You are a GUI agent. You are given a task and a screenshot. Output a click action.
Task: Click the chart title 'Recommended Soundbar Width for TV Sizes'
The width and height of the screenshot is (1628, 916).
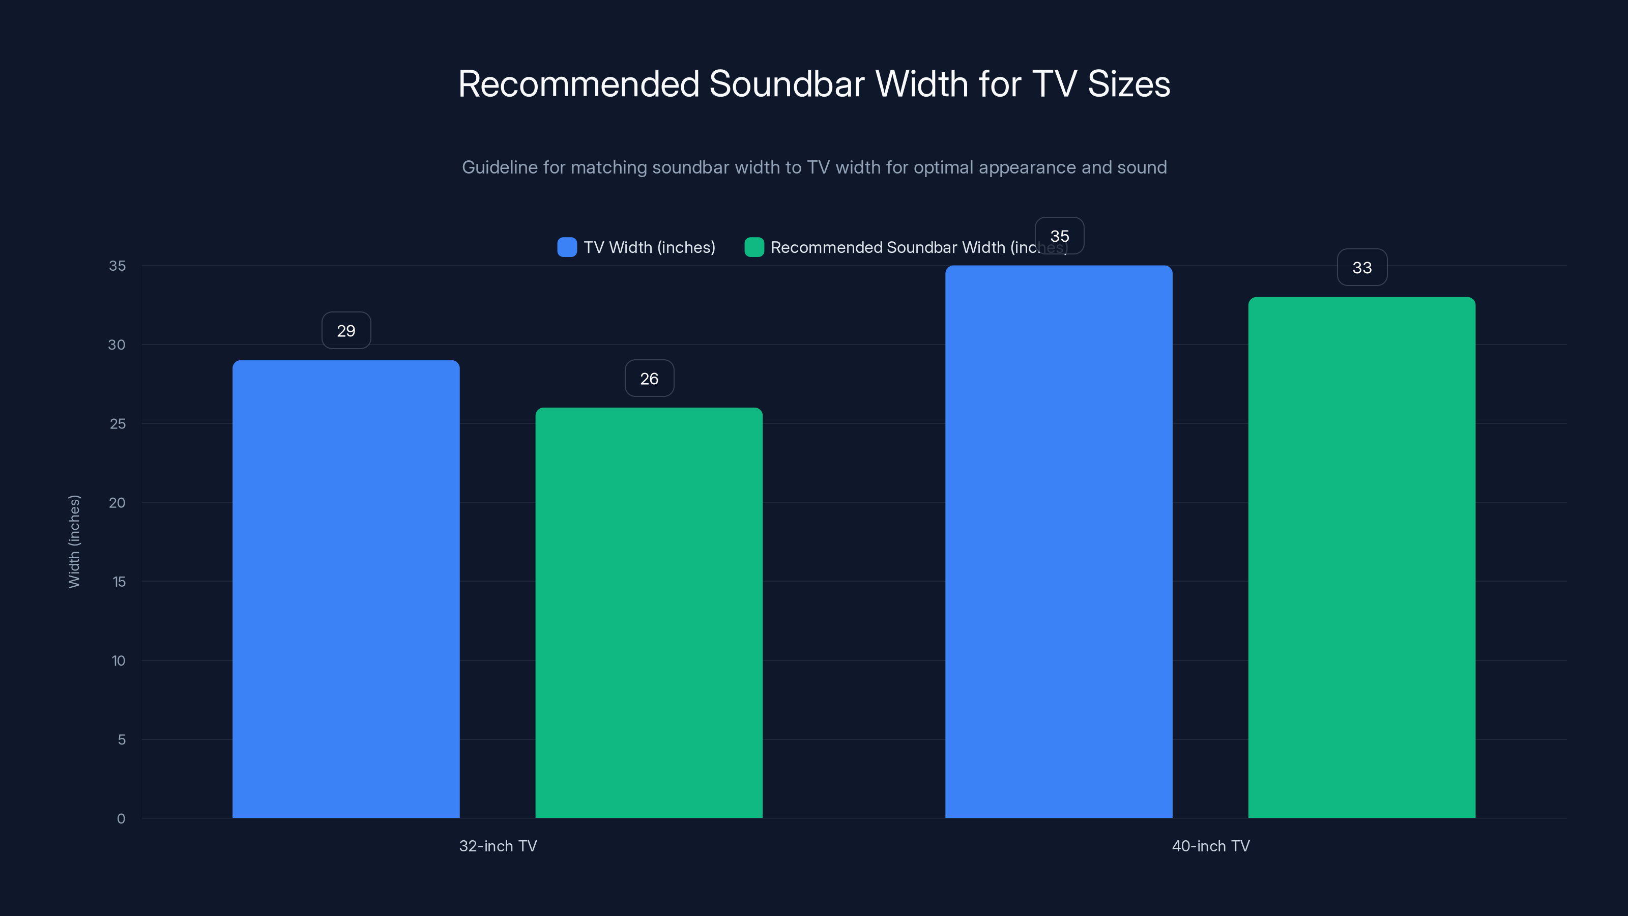coord(814,84)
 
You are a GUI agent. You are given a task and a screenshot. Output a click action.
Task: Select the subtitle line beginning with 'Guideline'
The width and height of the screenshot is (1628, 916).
coord(814,167)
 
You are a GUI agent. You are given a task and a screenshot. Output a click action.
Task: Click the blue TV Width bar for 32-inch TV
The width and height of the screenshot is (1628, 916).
coord(346,588)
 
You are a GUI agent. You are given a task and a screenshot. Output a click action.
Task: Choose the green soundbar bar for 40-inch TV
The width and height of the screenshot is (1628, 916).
coord(1361,556)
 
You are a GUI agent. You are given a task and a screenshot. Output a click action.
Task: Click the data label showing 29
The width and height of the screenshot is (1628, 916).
coord(346,331)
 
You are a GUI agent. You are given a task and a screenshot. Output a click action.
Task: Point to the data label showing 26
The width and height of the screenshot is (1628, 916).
coord(649,379)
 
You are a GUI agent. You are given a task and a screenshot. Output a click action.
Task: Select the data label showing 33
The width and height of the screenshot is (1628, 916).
coord(1362,267)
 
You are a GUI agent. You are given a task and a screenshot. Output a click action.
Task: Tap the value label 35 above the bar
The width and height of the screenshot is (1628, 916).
coord(1059,236)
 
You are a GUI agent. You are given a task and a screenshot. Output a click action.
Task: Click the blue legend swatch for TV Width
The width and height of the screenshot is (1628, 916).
coord(567,247)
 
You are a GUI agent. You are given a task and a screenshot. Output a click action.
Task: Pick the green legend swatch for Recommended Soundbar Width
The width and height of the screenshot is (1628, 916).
coord(754,247)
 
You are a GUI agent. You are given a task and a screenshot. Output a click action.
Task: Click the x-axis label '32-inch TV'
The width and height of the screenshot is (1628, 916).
coord(498,846)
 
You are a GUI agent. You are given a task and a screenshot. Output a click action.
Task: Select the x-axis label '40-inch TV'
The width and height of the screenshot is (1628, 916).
coord(1211,846)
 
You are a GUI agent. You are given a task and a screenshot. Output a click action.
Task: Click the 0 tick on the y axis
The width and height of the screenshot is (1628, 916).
coord(121,819)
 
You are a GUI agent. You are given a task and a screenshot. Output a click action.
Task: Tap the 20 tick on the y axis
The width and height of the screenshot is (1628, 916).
coord(117,503)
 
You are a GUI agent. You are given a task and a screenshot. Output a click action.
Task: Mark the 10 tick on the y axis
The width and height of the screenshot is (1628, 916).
coord(118,661)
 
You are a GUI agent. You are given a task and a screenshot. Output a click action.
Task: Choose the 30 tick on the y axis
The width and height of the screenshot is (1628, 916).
coord(117,345)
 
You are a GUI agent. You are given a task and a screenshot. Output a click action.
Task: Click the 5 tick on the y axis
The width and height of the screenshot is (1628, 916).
coord(122,739)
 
